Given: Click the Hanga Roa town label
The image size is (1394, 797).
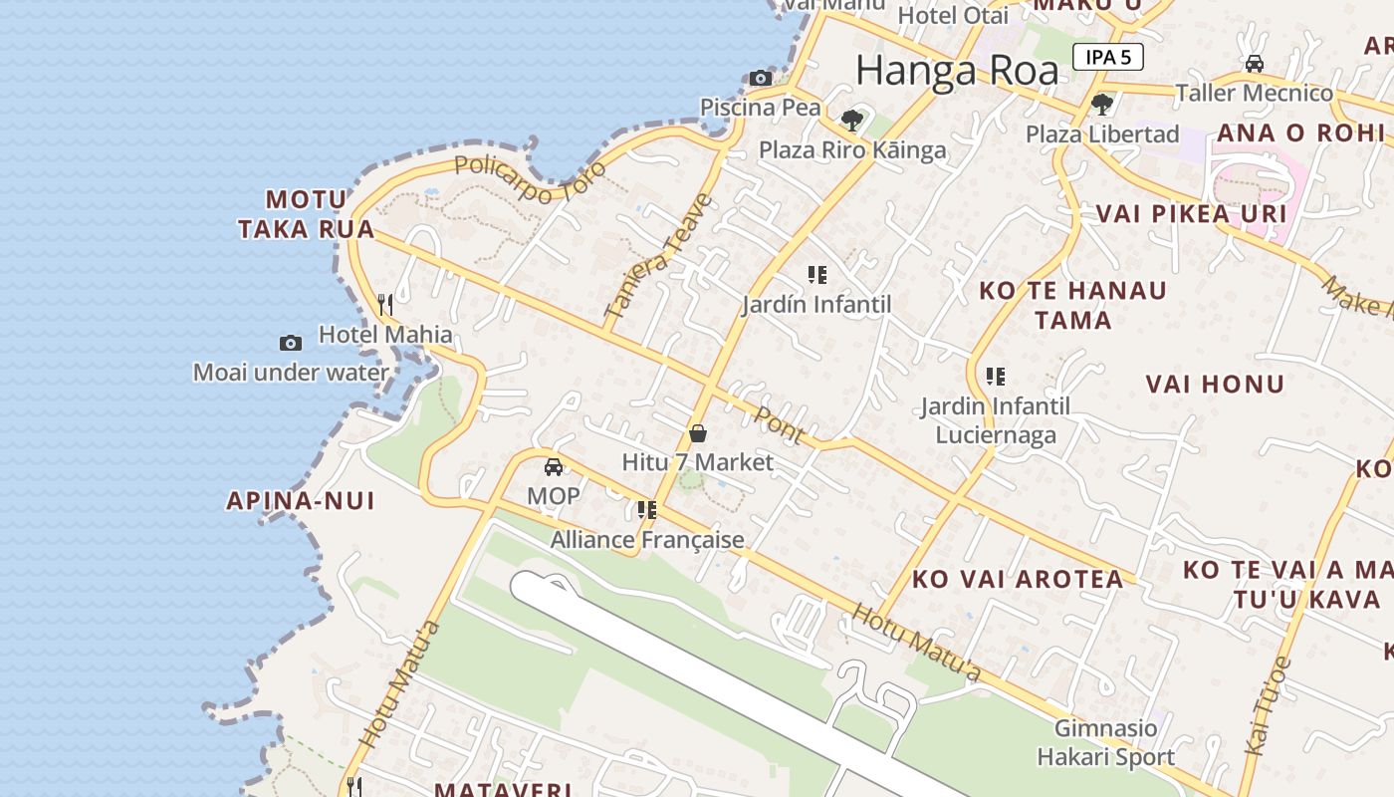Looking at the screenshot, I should (x=957, y=71).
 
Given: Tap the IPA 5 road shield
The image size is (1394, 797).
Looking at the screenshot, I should (x=1107, y=57).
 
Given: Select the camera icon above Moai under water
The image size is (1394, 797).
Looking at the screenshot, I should (x=290, y=343).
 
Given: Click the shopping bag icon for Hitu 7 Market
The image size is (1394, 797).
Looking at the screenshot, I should (x=698, y=433).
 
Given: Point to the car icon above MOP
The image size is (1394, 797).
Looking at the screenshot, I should (x=554, y=466).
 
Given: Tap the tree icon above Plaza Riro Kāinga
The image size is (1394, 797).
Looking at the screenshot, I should (x=851, y=121).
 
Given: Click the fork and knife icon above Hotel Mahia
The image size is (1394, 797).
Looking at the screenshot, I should (x=385, y=305).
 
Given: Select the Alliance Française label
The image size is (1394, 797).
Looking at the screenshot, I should (x=647, y=540).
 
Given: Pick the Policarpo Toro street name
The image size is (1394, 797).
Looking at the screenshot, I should (x=530, y=178).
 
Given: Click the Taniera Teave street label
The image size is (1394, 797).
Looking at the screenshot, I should (x=659, y=256).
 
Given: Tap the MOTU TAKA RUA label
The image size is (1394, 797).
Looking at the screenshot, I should (x=307, y=214).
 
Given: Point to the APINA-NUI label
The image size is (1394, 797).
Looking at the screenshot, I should (x=301, y=500).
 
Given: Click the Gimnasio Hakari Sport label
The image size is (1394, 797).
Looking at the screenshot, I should (x=1105, y=742).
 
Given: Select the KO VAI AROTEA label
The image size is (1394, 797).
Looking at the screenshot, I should (x=1018, y=579).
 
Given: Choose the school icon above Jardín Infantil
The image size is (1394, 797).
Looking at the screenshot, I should (x=817, y=274).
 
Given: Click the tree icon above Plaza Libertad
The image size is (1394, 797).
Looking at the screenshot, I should (x=1102, y=104).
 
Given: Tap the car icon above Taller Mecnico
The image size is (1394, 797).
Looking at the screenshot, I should (x=1255, y=64).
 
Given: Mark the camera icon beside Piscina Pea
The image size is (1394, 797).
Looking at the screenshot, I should (x=761, y=78).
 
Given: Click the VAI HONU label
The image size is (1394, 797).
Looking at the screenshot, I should (x=1215, y=384).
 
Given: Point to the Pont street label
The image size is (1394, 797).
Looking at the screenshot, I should (x=779, y=423).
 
